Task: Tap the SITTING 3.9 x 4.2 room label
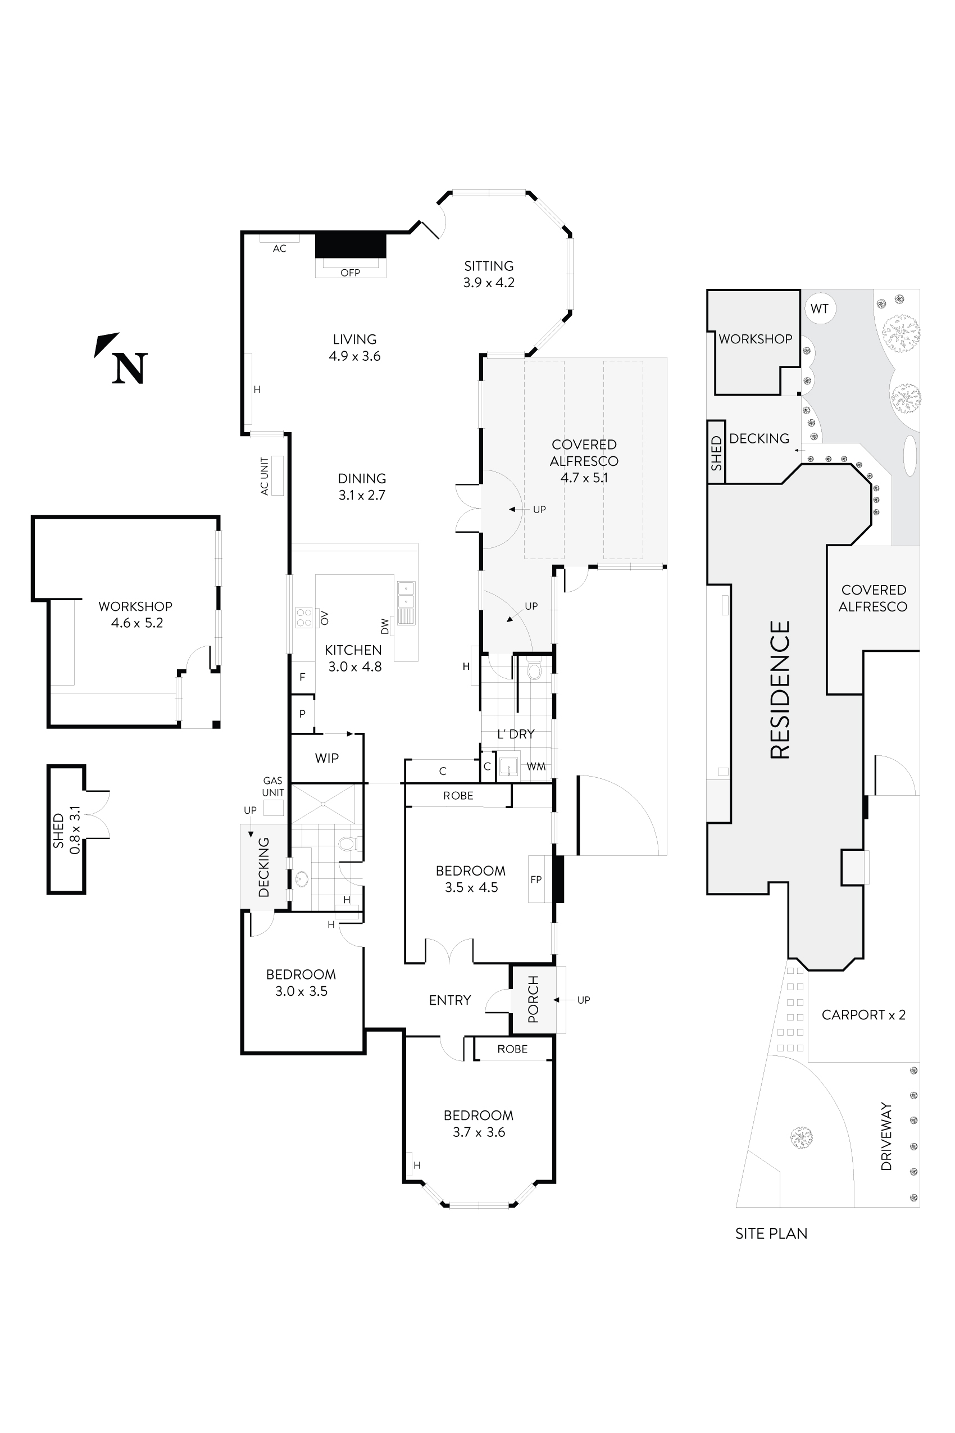tap(489, 274)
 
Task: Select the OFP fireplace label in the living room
tap(350, 273)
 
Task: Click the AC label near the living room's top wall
tap(280, 248)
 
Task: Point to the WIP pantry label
tap(326, 759)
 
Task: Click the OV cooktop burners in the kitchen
tap(304, 618)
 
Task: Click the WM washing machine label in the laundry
tap(536, 767)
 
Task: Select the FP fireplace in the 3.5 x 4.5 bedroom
tap(536, 879)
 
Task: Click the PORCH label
tap(534, 1000)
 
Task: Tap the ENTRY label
tap(450, 1000)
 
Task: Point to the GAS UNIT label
tap(273, 787)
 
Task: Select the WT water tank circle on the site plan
tap(819, 309)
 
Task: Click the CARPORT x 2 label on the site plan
tap(863, 1015)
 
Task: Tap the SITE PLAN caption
tap(771, 1234)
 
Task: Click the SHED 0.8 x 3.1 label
tap(66, 830)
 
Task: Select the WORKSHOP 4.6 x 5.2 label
tap(136, 614)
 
